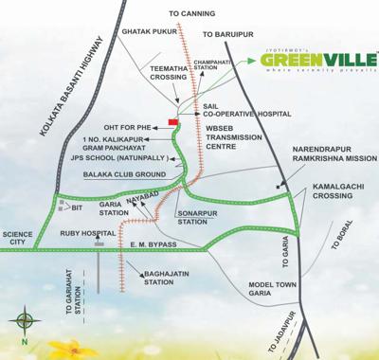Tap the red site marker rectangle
(172, 121)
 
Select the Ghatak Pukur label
(151, 31)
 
